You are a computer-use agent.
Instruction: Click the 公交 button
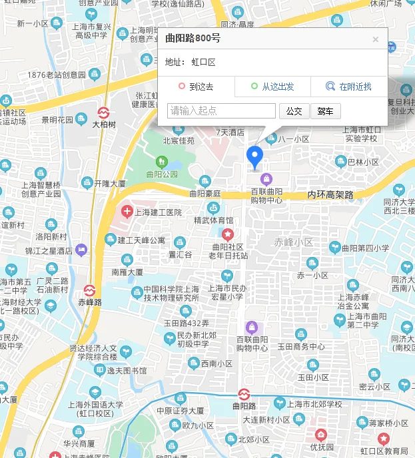294,111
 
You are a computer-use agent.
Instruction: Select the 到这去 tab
196,87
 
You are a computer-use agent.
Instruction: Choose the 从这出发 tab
272,87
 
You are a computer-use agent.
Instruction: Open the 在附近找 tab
349,87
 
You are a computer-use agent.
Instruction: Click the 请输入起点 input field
222,111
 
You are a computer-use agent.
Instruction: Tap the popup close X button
376,39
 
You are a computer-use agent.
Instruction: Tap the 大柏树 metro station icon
104,111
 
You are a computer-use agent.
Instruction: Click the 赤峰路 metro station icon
90,290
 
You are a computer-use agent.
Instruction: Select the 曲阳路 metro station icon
243,393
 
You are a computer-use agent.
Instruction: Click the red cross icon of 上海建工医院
127,212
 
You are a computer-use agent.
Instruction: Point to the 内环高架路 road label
330,195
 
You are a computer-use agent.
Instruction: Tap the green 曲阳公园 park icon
161,162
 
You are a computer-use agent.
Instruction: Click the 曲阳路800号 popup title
193,39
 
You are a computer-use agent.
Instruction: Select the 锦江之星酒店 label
49,251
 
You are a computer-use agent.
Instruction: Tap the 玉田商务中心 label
301,347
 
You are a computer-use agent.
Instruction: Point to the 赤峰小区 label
293,242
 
